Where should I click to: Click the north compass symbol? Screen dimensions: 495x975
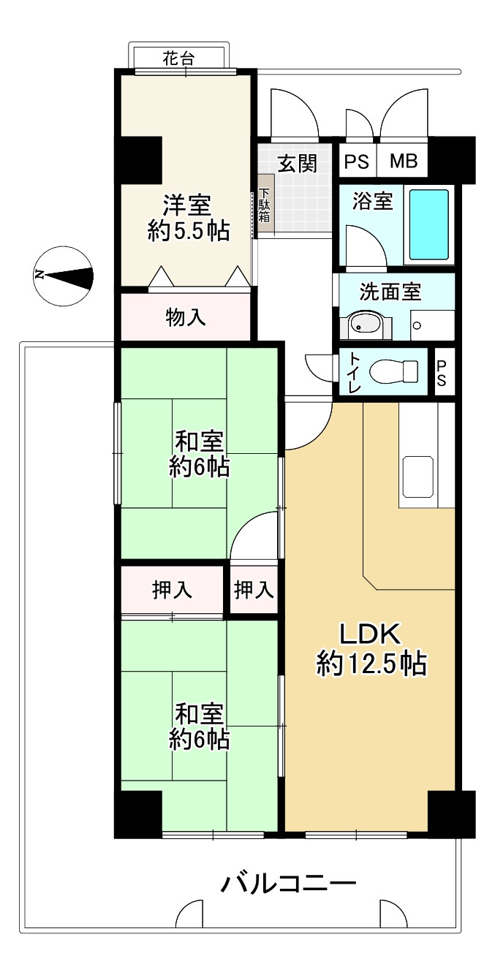coord(64,275)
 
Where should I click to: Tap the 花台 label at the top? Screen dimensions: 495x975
coord(178,58)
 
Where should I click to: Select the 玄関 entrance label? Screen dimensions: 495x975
coord(298,164)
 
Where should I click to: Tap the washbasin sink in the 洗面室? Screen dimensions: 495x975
coord(365,325)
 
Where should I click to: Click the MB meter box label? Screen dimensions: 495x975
coord(404,162)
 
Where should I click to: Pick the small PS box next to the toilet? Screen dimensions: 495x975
coord(442,372)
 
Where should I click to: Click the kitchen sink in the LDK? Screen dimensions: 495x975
coord(418,477)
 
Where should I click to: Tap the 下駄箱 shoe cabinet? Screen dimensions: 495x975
coord(265,204)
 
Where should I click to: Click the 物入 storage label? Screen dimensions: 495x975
coord(186,318)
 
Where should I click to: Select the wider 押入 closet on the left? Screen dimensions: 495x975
coord(172,591)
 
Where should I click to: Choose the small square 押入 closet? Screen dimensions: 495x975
coord(254,591)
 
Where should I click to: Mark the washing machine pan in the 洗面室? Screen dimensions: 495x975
coord(433,325)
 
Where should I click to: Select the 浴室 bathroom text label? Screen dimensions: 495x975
coord(372,202)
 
